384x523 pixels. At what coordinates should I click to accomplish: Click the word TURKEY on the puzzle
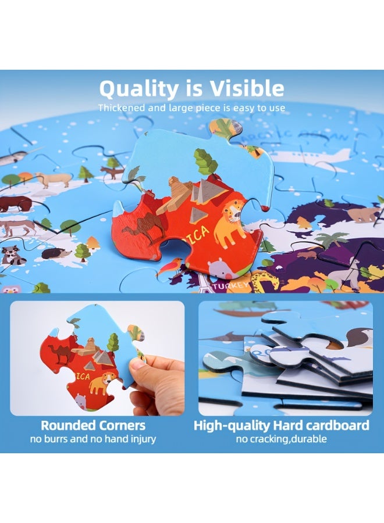point(230,286)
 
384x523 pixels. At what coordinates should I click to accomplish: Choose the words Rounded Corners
point(93,425)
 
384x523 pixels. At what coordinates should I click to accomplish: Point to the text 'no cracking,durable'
point(281,439)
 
